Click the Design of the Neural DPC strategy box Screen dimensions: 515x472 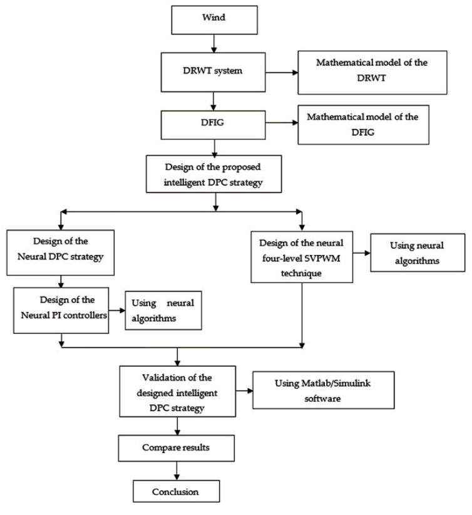coord(61,252)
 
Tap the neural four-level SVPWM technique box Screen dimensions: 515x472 coord(303,257)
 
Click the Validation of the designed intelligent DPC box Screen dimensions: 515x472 coord(180,391)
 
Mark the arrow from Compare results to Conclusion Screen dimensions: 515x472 coord(180,470)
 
